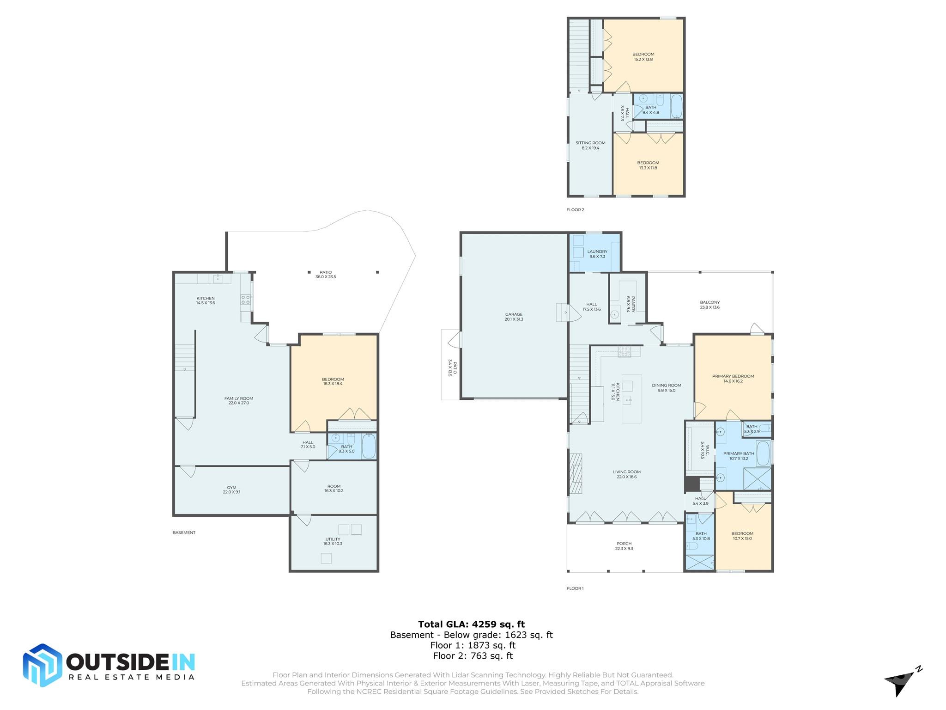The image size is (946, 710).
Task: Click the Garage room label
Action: (514, 317)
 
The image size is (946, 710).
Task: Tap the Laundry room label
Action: (597, 254)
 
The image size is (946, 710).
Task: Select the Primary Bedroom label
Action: (733, 379)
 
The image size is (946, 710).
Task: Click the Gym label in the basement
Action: (231, 490)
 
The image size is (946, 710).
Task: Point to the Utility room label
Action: (333, 541)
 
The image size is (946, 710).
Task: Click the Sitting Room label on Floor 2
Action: (590, 145)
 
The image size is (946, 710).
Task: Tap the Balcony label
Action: (709, 305)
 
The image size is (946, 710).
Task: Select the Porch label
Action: (624, 546)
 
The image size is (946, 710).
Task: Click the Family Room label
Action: (238, 400)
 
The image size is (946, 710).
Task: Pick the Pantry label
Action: (631, 304)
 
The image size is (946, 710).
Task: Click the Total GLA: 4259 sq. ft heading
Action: (471, 624)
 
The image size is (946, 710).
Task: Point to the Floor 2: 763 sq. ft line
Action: (473, 655)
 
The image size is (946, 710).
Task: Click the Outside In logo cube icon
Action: (42, 665)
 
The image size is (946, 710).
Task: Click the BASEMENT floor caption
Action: (184, 532)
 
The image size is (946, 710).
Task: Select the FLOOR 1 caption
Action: (575, 588)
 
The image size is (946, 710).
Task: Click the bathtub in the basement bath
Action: (369, 446)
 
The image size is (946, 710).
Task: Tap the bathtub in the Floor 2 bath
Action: (676, 106)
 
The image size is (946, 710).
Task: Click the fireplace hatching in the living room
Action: (576, 474)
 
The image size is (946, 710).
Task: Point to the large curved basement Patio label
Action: (326, 275)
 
